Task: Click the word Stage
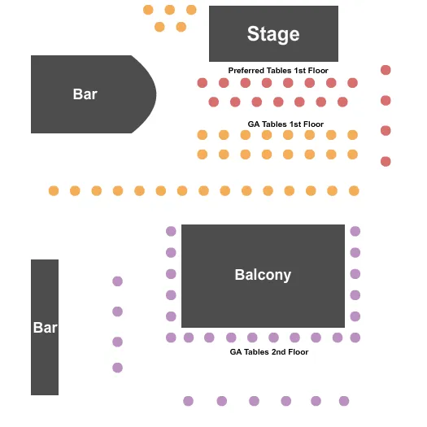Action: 273,34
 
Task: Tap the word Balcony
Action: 263,275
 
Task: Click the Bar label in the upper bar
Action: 85,94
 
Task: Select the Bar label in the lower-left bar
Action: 45,328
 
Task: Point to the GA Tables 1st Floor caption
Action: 285,124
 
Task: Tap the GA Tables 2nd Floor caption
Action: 269,352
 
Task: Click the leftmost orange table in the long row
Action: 54,190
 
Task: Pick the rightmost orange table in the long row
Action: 354,190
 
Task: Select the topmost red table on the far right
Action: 386,70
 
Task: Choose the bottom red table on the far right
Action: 386,161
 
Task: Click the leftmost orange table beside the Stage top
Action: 148,10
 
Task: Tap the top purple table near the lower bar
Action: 117,281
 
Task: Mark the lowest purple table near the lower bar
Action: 117,368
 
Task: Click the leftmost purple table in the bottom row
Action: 189,401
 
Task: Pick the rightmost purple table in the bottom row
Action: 344,401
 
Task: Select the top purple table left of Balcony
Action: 171,231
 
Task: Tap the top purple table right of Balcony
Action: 355,231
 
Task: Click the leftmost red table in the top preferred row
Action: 203,82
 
